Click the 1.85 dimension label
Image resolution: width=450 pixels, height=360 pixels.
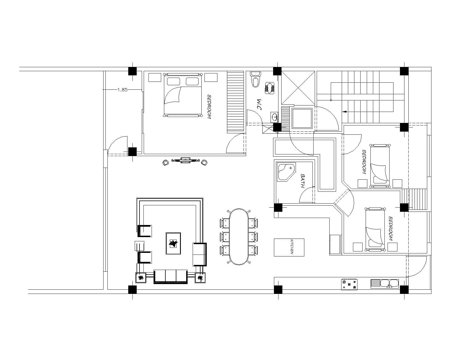pos(122,90)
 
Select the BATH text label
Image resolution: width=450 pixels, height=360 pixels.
pos(303,181)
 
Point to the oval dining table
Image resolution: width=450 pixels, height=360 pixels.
pos(239,237)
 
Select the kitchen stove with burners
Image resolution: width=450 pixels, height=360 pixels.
pos(349,284)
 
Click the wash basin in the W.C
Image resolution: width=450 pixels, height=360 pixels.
pos(274,117)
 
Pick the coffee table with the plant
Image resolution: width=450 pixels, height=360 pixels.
pos(173,243)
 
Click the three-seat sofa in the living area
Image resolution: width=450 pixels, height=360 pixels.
pos(171,276)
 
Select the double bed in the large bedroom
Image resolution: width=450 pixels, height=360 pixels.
pos(183,95)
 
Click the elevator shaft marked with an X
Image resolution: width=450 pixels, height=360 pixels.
pos(298,88)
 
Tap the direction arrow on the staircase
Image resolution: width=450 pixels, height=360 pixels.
pos(345,112)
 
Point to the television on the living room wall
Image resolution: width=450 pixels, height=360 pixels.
pos(185,160)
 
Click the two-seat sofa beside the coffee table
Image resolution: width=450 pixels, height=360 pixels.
pos(200,254)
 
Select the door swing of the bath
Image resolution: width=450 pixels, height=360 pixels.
pos(307,195)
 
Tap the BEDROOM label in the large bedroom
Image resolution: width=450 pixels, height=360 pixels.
pos(209,107)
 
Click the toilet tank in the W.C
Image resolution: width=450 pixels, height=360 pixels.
pos(256,74)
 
